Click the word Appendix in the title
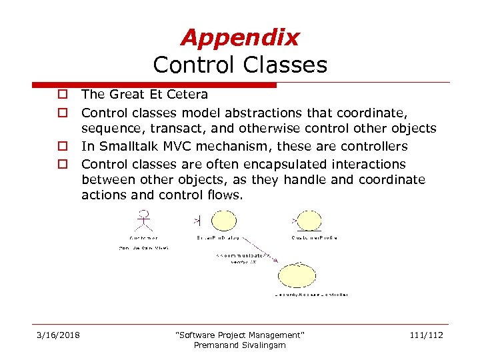point(240,37)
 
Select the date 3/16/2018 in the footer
point(58,335)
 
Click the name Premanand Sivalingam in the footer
point(239,345)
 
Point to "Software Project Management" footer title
point(239,335)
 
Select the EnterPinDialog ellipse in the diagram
point(223,220)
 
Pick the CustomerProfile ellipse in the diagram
point(307,220)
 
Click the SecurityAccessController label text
point(311,294)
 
